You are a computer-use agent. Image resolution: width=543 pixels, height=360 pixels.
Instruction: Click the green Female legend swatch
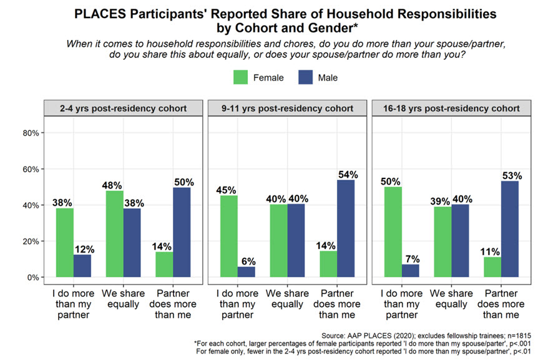click(241, 78)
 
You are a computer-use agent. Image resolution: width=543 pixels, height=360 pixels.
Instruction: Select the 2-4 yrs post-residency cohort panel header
click(124, 108)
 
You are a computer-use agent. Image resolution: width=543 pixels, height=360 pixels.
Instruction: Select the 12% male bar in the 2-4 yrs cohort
click(81, 266)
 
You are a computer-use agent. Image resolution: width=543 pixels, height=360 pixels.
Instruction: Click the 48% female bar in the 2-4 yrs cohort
click(114, 234)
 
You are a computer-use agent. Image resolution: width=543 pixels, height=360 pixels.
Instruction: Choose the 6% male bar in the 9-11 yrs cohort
click(245, 271)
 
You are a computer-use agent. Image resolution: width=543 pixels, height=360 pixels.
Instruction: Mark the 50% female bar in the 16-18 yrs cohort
click(393, 232)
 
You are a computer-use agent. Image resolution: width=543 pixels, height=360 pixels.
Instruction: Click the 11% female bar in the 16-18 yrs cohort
click(492, 267)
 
